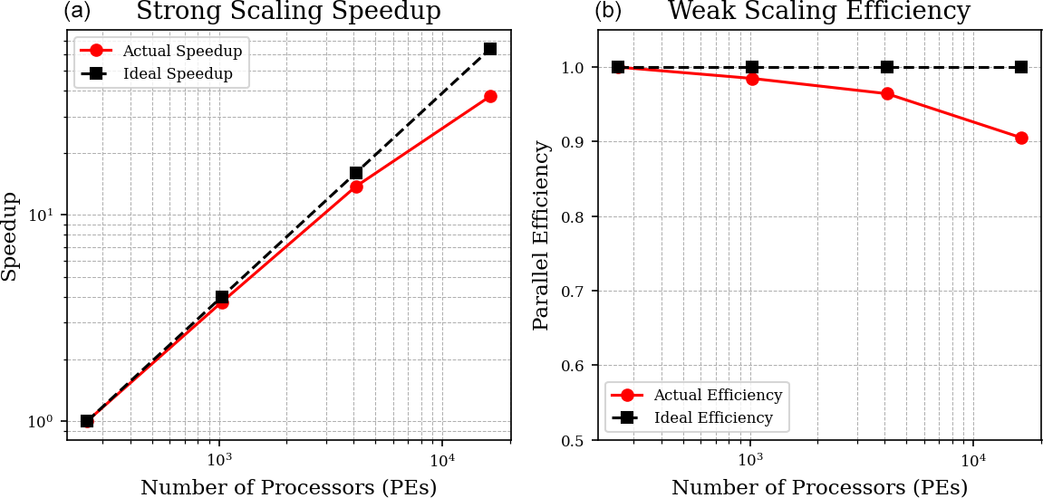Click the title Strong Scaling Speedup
click(x=288, y=12)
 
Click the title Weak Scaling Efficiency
click(x=818, y=12)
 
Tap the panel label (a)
click(x=77, y=12)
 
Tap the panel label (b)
click(x=608, y=12)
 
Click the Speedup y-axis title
click(x=10, y=235)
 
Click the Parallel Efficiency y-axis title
click(x=541, y=235)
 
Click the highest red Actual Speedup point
click(x=490, y=96)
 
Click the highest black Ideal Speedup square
click(x=490, y=49)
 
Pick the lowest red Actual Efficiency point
click(x=1021, y=139)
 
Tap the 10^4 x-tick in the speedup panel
click(x=441, y=458)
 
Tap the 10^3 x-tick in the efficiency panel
click(x=749, y=458)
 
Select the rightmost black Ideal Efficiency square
click(x=1021, y=67)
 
